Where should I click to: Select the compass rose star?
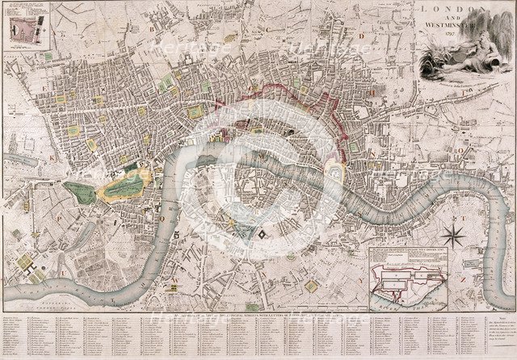(455, 236)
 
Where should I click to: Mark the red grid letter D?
(364, 36)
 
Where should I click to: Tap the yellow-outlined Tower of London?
(335, 171)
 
